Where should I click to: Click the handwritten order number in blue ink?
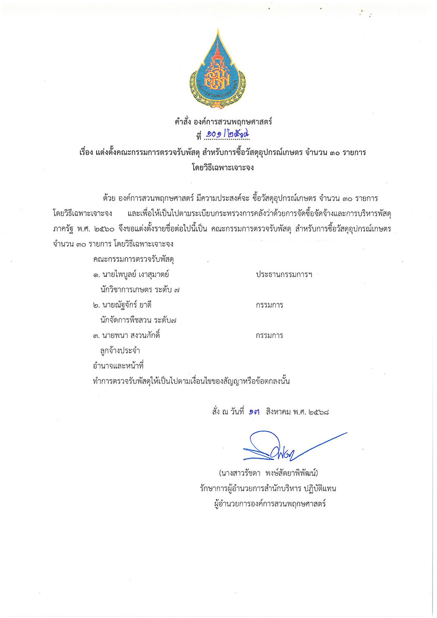pyautogui.click(x=227, y=135)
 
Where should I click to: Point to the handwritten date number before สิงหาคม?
pyautogui.click(x=255, y=412)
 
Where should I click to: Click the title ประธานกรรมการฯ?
pyautogui.click(x=284, y=274)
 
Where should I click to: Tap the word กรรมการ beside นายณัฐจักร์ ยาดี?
pyautogui.click(x=269, y=305)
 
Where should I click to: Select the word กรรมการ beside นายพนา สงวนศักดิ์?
pyautogui.click(x=269, y=335)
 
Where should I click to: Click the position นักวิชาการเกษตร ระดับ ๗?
pyautogui.click(x=140, y=290)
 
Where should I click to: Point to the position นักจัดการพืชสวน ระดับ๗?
pyautogui.click(x=138, y=320)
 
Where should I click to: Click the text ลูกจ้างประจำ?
pyautogui.click(x=120, y=351)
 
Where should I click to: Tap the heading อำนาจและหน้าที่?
pyautogui.click(x=118, y=366)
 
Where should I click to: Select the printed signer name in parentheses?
pyautogui.click(x=268, y=473)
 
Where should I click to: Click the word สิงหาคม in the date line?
pyautogui.click(x=278, y=412)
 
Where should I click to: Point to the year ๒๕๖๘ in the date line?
pyautogui.click(x=319, y=412)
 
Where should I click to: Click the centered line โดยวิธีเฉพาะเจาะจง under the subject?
pyautogui.click(x=223, y=167)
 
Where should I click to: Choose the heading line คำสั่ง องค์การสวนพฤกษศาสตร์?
pyautogui.click(x=223, y=122)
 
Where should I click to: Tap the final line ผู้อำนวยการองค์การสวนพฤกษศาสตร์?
pyautogui.click(x=270, y=503)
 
